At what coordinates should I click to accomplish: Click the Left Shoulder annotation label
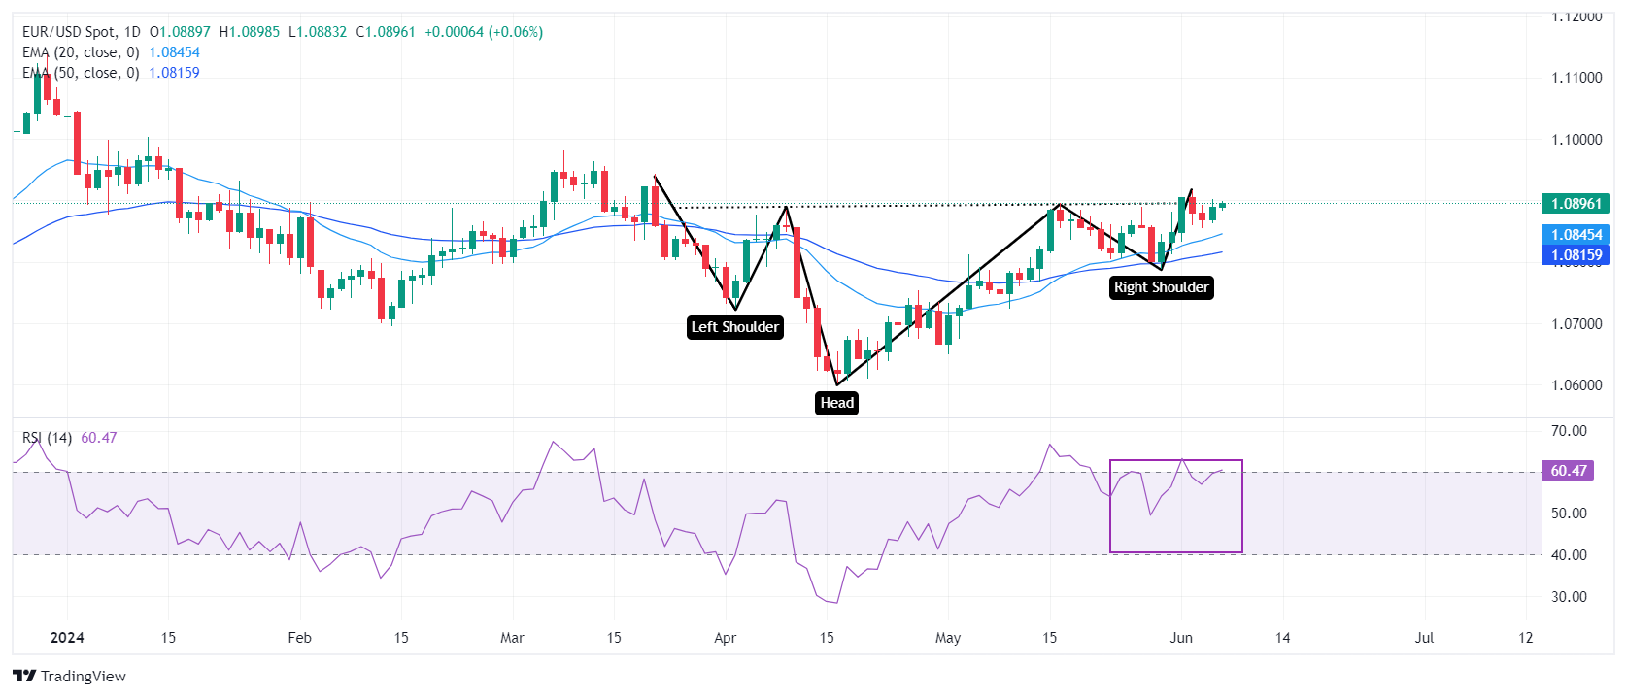coord(734,327)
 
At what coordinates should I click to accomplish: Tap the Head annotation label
coord(836,403)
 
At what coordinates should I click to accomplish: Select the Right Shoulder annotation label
coord(1161,287)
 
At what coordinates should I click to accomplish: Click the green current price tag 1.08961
coord(1575,204)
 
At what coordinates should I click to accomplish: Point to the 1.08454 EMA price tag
coord(1575,235)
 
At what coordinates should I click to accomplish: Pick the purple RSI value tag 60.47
coord(1568,471)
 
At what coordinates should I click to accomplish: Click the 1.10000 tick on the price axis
coord(1576,140)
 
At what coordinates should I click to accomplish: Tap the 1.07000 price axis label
coord(1576,324)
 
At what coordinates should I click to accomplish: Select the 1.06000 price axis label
coord(1576,385)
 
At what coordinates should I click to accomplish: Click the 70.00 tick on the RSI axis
coord(1569,431)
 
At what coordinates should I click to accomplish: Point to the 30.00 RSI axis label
coord(1569,597)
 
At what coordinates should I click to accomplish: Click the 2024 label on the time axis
coord(67,638)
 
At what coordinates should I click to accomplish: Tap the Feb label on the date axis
coord(299,638)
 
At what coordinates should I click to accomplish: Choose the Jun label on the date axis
coord(1181,638)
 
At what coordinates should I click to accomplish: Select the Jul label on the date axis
coord(1424,638)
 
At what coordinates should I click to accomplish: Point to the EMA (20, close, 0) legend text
coord(81,52)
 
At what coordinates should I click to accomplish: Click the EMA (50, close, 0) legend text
coord(81,73)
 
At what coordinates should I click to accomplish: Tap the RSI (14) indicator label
coord(47,438)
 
